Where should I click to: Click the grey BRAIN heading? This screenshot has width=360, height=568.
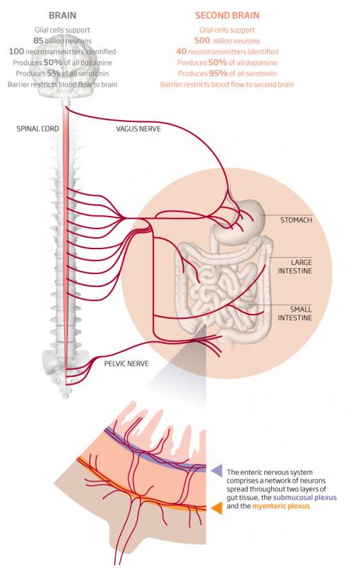click(62, 16)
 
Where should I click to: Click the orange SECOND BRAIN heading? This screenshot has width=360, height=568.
click(227, 16)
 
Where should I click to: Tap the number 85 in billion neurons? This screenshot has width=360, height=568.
click(38, 40)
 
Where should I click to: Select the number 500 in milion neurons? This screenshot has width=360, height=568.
click(202, 40)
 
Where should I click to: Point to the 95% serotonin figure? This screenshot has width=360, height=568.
click(218, 73)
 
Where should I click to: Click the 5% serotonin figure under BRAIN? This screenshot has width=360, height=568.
click(53, 73)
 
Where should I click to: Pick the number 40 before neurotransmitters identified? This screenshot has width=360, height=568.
click(181, 51)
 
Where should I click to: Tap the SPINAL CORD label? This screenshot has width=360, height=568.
click(38, 129)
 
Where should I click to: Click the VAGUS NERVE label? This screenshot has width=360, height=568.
click(138, 129)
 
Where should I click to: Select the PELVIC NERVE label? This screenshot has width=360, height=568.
click(126, 364)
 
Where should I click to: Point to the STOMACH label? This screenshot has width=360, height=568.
click(296, 220)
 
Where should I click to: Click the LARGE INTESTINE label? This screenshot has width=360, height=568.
click(295, 267)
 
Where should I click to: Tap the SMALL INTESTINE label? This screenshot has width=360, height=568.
click(295, 313)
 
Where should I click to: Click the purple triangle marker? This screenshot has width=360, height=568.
click(217, 470)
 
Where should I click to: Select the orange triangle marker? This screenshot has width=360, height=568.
click(217, 508)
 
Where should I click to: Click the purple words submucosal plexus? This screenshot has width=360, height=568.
click(305, 498)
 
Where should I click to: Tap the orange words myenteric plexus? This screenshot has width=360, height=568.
click(281, 506)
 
